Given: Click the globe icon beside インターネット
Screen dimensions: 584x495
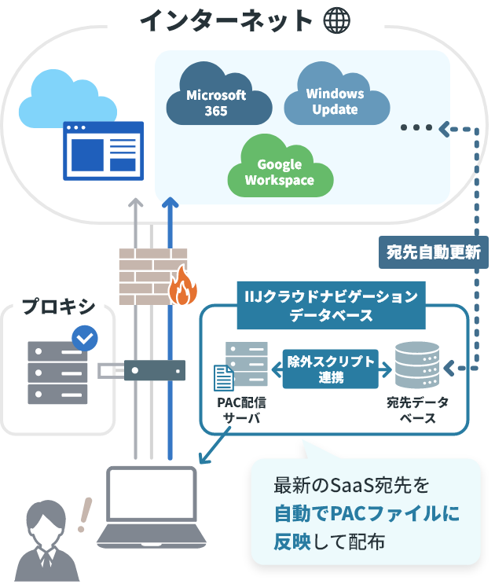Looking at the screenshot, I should pyautogui.click(x=337, y=20).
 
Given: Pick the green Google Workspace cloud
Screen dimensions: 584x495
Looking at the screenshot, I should pyautogui.click(x=279, y=171).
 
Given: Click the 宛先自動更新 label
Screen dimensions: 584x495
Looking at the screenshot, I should pyautogui.click(x=434, y=253).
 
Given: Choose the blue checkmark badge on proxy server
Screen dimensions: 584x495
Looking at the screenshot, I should pyautogui.click(x=85, y=339).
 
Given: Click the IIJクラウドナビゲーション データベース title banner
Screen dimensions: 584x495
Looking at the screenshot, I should pyautogui.click(x=332, y=306).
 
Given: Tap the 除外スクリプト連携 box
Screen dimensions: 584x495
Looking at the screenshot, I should pyautogui.click(x=331, y=368).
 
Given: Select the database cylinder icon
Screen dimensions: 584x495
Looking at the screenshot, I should pyautogui.click(x=417, y=365).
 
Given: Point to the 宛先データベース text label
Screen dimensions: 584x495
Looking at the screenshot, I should pyautogui.click(x=417, y=410).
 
